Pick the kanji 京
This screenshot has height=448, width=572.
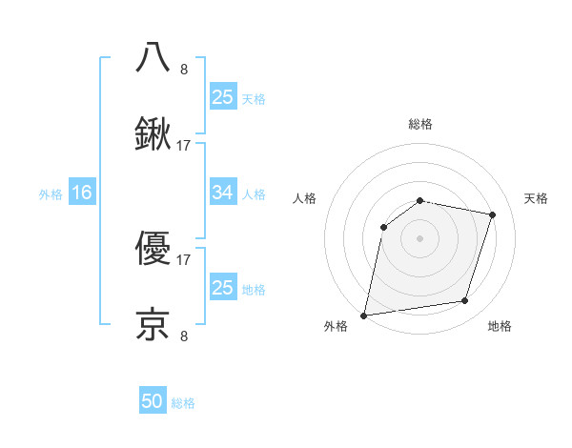153,325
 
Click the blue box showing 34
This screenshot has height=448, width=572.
222,193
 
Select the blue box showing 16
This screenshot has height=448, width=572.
82,193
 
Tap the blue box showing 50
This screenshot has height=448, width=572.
153,401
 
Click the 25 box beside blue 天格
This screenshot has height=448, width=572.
222,96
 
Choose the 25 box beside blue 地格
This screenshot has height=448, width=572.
222,288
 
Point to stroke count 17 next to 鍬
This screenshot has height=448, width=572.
184,146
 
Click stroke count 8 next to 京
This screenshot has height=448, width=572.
184,336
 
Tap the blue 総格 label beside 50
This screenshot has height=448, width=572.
183,403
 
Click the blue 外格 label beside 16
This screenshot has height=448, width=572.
51,193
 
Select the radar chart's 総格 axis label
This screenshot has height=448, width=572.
419,124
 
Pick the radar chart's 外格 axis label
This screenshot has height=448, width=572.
336,327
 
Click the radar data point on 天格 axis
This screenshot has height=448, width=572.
492,214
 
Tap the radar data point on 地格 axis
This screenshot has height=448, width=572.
465,301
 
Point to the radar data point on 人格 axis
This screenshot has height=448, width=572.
383,227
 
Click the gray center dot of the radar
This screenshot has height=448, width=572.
419,238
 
